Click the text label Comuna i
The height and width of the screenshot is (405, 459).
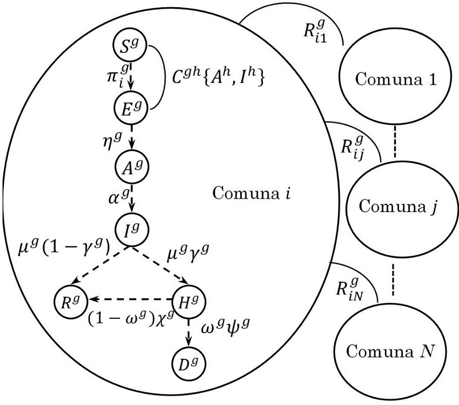pos(253,194)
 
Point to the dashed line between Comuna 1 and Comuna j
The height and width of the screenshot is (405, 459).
pos(394,142)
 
